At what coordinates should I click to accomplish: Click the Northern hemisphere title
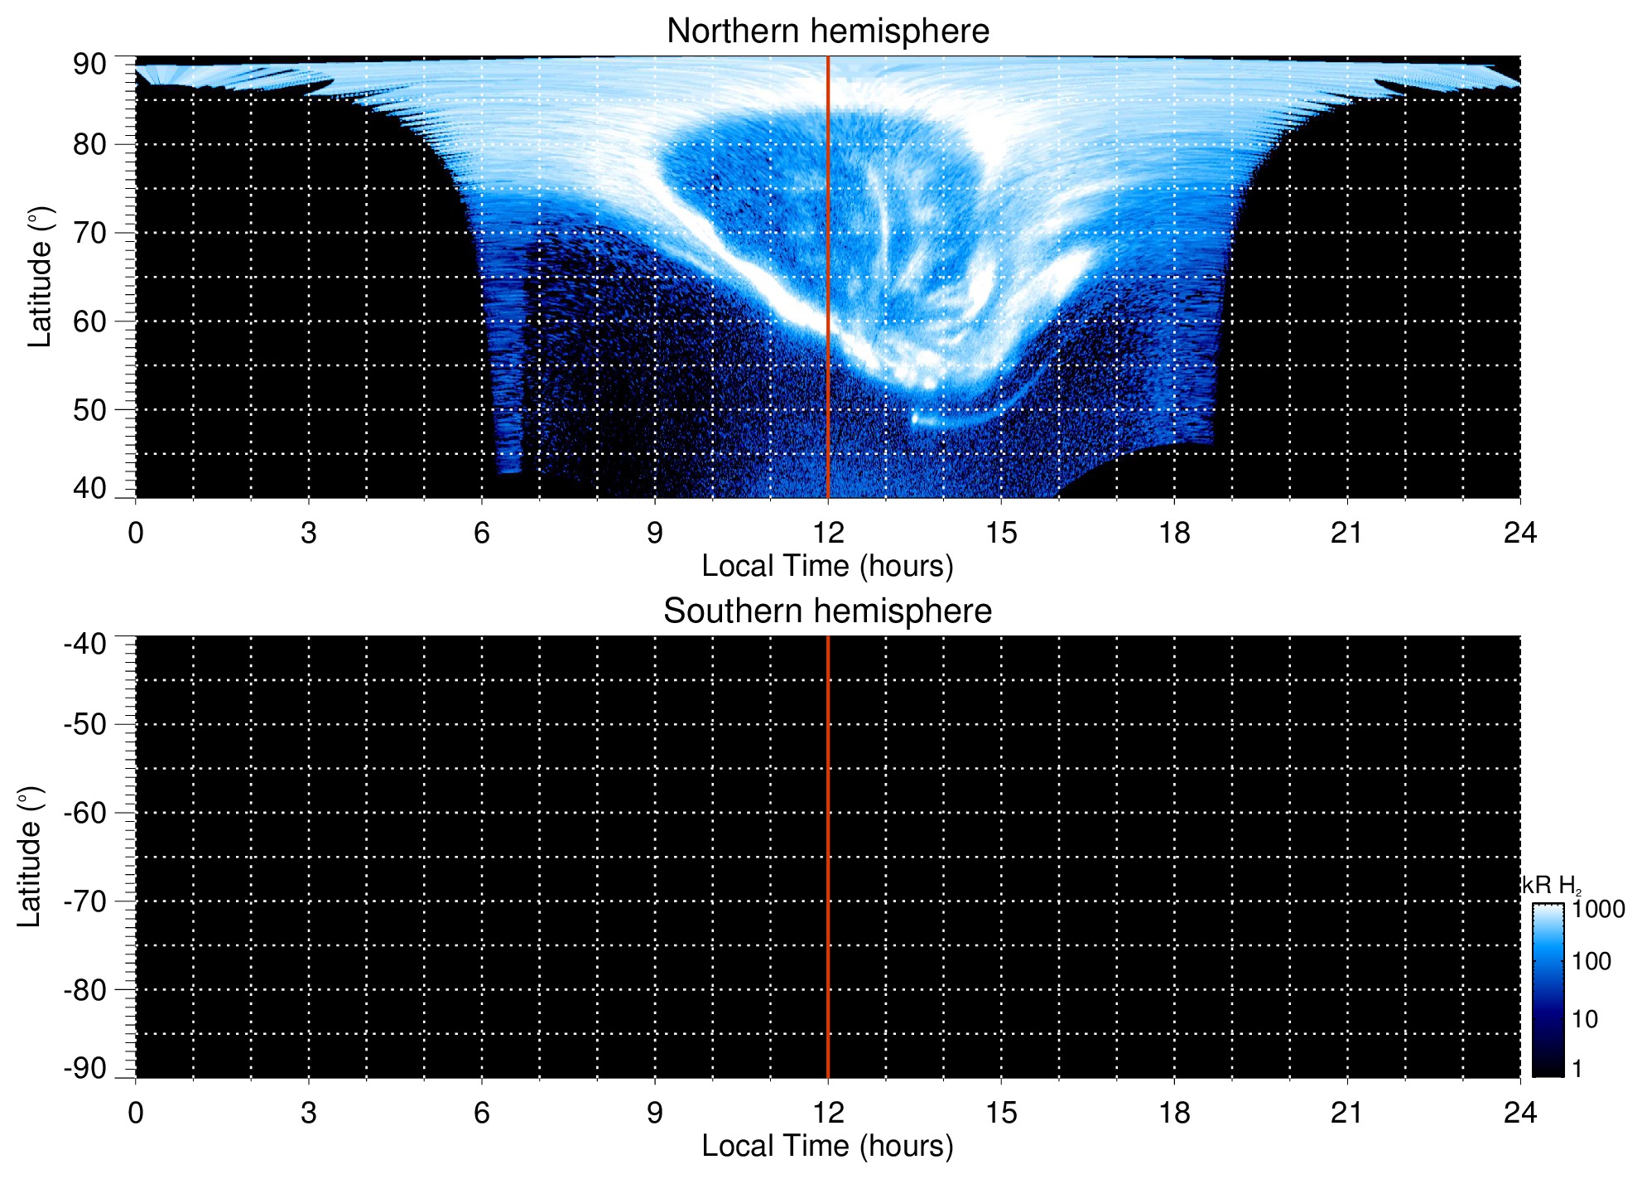tap(827, 31)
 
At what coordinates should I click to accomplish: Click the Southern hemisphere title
tap(827, 611)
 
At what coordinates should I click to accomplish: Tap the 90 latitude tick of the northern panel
tap(89, 65)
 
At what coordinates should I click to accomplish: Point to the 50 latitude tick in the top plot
tap(89, 410)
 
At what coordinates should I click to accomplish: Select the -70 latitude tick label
tap(85, 901)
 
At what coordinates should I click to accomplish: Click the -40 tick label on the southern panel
tap(85, 644)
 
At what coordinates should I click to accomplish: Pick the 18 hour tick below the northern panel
tap(1173, 533)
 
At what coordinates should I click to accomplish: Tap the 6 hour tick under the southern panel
tap(482, 1113)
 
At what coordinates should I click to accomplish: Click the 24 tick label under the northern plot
tap(1519, 533)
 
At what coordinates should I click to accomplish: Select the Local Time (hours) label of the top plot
tap(827, 567)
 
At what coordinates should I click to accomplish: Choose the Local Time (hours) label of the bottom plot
tap(827, 1147)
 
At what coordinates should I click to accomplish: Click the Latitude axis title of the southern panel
tap(30, 857)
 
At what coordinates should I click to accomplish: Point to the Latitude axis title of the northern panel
tap(40, 277)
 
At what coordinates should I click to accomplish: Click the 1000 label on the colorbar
tap(1598, 910)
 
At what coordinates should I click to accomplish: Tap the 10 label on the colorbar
tap(1585, 1019)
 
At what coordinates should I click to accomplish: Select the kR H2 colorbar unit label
tap(1551, 886)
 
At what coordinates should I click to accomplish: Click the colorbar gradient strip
tap(1548, 990)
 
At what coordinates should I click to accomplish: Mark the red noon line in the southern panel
tap(828, 857)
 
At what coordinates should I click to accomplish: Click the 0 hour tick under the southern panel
tap(136, 1113)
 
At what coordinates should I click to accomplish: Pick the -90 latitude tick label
tap(85, 1069)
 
